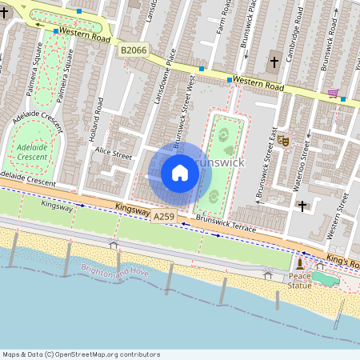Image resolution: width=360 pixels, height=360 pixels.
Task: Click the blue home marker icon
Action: tap(180, 172)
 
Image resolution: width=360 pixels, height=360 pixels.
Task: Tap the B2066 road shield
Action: tap(134, 51)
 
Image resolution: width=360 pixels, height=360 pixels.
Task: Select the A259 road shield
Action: tap(163, 217)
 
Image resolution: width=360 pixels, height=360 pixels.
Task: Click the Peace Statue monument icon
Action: tap(299, 264)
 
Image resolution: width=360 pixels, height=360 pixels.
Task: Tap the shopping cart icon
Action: tap(332, 94)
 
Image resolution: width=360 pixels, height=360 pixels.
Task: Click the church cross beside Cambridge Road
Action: tap(274, 62)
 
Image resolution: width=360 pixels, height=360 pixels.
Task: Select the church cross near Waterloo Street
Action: tap(302, 206)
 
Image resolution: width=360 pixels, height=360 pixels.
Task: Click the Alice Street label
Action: tap(113, 153)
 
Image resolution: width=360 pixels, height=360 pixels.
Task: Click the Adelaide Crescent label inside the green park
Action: tap(32, 152)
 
